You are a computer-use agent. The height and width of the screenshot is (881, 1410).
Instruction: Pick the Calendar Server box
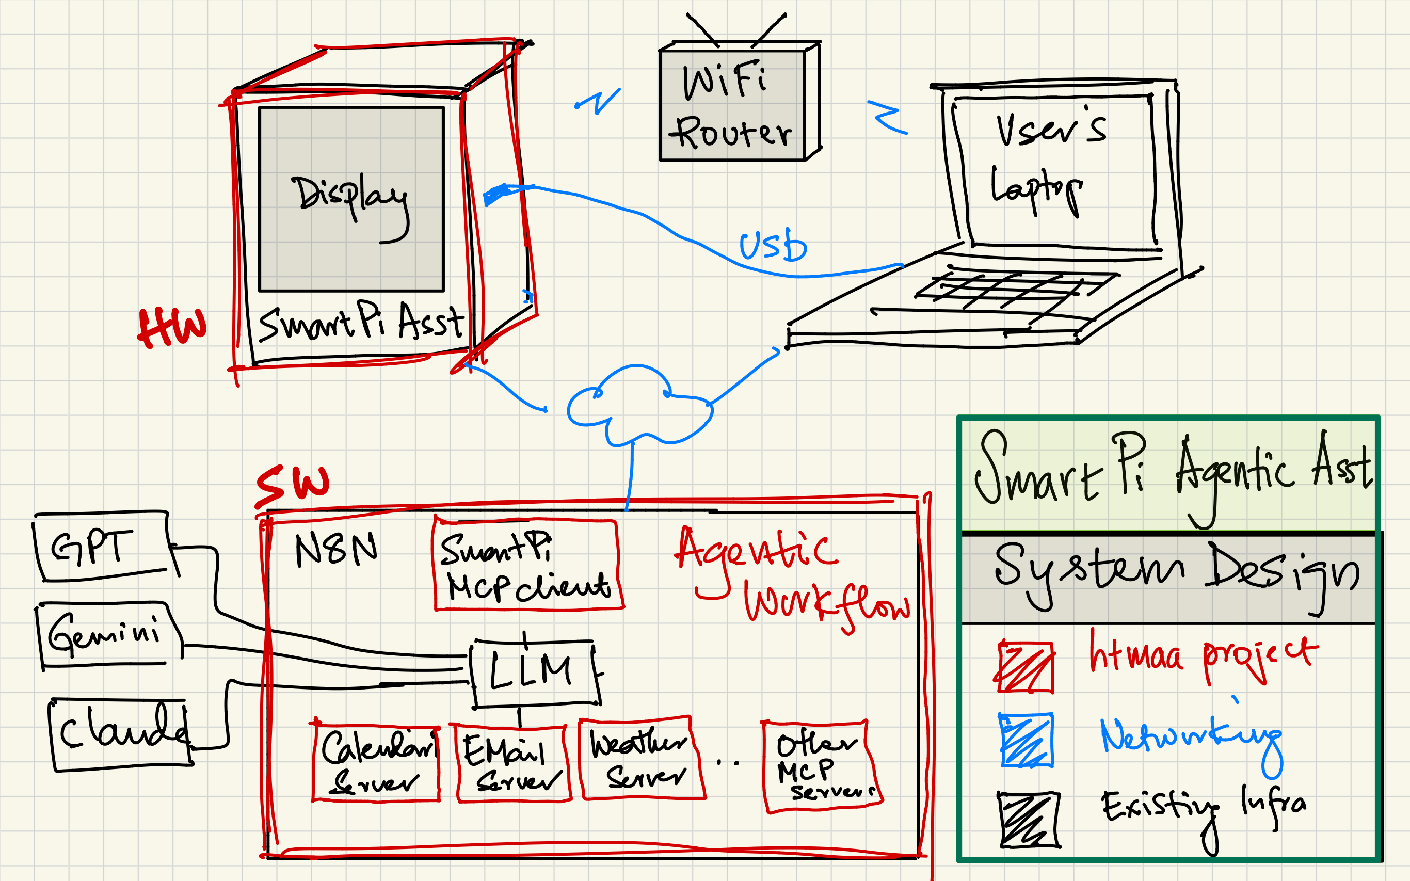click(x=376, y=763)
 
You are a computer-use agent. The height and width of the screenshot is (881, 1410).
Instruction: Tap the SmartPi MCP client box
click(x=527, y=565)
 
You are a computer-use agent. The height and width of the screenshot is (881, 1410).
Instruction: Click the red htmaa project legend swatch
click(x=1026, y=667)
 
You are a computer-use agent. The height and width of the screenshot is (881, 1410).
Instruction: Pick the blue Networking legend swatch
click(x=1026, y=740)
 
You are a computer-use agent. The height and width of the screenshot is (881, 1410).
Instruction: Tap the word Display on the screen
click(x=349, y=195)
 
